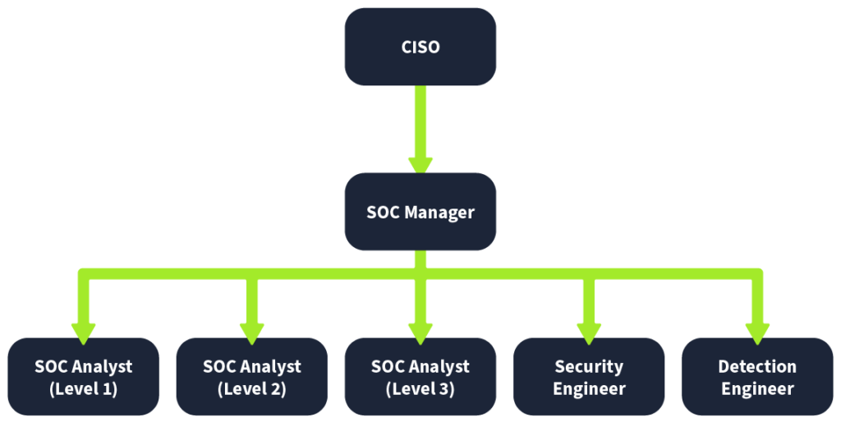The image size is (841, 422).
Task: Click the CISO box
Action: click(420, 47)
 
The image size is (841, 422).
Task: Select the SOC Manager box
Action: click(420, 212)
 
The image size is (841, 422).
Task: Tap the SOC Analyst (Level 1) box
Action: click(83, 377)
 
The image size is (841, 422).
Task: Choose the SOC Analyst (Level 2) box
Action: click(251, 377)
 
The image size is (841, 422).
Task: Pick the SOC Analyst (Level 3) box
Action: click(420, 377)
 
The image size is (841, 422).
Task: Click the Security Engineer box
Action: click(589, 377)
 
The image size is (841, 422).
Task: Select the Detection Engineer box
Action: click(757, 377)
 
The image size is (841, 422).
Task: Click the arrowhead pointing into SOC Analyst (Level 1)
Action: click(83, 333)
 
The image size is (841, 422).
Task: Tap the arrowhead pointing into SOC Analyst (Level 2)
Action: click(251, 333)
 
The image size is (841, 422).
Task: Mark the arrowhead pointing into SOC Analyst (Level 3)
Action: click(420, 333)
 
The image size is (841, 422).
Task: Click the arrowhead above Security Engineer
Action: click(589, 333)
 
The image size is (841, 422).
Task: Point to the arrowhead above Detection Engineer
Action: click(757, 333)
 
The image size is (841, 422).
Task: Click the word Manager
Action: click(439, 213)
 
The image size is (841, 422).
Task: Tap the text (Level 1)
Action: click(83, 389)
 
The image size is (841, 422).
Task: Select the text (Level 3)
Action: click(420, 389)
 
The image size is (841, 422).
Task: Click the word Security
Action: click(589, 367)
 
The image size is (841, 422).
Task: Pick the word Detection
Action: click(757, 367)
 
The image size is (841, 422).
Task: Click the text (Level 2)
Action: click(251, 389)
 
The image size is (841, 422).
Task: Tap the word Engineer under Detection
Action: click(757, 389)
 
